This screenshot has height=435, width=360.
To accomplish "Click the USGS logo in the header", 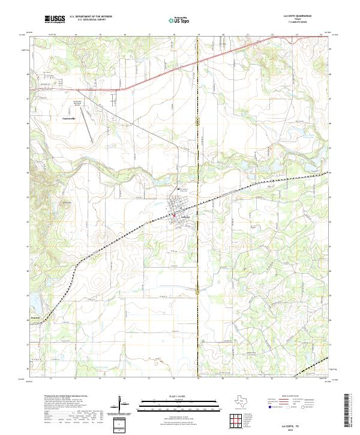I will (55, 19).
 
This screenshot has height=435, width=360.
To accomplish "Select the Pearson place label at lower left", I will (37, 313).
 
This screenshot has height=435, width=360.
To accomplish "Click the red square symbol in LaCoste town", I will (174, 215).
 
